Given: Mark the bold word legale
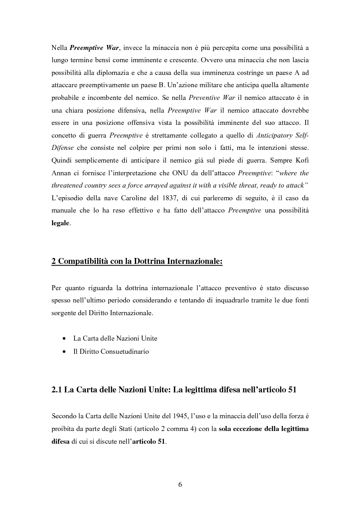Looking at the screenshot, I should [60, 224].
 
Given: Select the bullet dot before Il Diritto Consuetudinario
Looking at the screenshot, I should [63, 352].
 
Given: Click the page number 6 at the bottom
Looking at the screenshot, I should [180, 484].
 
